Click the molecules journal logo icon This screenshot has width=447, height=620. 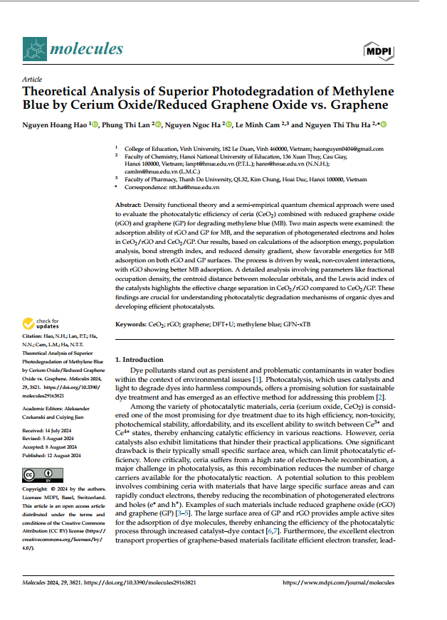click(x=33, y=49)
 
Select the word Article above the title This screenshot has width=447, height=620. click(x=32, y=79)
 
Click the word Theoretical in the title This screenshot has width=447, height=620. click(x=58, y=92)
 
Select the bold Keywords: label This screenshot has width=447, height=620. click(x=131, y=324)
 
